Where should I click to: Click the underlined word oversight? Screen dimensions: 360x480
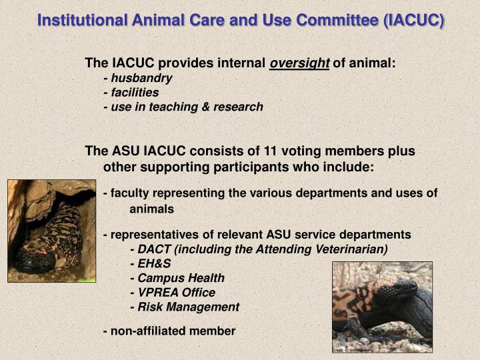click(299, 63)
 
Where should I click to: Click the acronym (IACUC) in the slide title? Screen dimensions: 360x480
click(414, 21)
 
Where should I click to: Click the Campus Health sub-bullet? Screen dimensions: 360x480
click(181, 278)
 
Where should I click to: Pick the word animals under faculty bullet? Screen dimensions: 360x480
click(151, 209)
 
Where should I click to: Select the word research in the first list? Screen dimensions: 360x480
click(238, 107)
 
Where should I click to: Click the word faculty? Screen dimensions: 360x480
click(131, 193)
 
